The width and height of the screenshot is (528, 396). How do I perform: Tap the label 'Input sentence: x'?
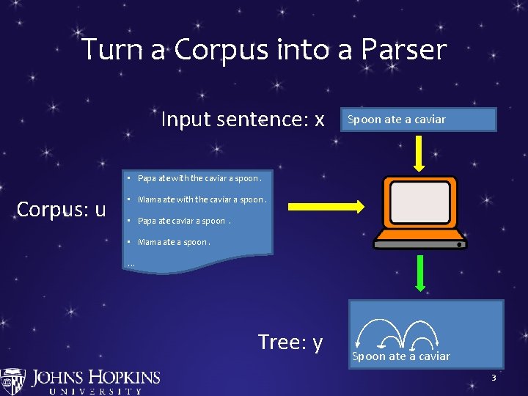tap(243, 119)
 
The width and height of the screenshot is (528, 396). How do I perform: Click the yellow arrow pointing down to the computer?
tap(420, 152)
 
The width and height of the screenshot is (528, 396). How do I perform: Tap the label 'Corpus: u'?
tap(62, 209)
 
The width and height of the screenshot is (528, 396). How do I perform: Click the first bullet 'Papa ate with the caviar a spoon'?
tap(198, 178)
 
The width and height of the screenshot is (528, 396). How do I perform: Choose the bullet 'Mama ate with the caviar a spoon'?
tap(201, 199)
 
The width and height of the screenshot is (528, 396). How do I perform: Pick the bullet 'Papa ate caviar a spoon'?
tap(183, 221)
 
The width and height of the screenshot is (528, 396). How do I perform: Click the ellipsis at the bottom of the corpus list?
tap(131, 263)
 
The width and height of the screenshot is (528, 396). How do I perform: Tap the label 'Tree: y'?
tap(290, 342)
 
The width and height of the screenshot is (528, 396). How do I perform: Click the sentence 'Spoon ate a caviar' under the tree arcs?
tap(401, 356)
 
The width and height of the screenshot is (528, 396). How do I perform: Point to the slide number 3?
tap(494, 378)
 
